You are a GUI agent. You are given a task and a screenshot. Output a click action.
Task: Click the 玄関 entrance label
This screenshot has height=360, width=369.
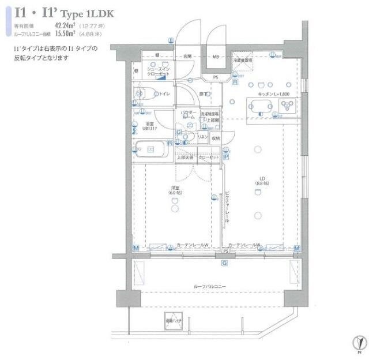[x=187, y=57]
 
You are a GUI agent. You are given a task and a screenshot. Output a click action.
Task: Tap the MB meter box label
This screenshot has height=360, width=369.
[x=216, y=57]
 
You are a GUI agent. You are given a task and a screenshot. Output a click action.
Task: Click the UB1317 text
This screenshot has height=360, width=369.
[x=150, y=128]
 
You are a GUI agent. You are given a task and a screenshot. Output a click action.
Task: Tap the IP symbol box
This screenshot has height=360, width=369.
[x=227, y=156]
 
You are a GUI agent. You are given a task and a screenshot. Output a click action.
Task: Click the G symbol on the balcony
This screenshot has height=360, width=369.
[x=224, y=263]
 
